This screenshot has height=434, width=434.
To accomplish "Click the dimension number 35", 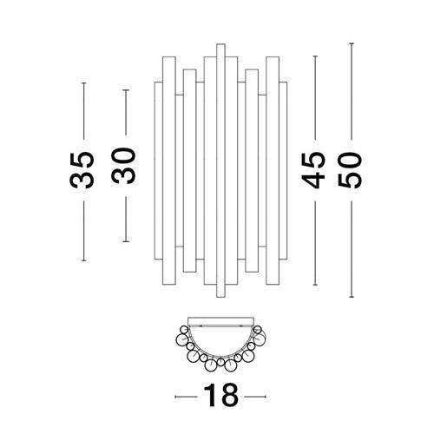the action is pyautogui.click(x=82, y=170).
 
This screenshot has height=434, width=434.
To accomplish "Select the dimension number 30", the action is pyautogui.click(x=123, y=166).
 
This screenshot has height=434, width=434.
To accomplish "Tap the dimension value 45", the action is pyautogui.click(x=313, y=171).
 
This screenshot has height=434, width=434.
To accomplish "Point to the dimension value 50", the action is pyautogui.click(x=350, y=170).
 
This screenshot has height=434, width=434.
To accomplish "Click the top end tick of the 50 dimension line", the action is pyautogui.click(x=352, y=43).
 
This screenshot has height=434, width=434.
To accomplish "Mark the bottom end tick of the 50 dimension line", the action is pyautogui.click(x=352, y=297).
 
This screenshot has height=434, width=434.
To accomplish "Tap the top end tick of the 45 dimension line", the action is pyautogui.click(x=315, y=56).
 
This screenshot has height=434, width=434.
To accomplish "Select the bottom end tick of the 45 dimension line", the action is pyautogui.click(x=315, y=285).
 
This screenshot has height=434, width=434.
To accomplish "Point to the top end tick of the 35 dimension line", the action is pyautogui.click(x=84, y=83).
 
